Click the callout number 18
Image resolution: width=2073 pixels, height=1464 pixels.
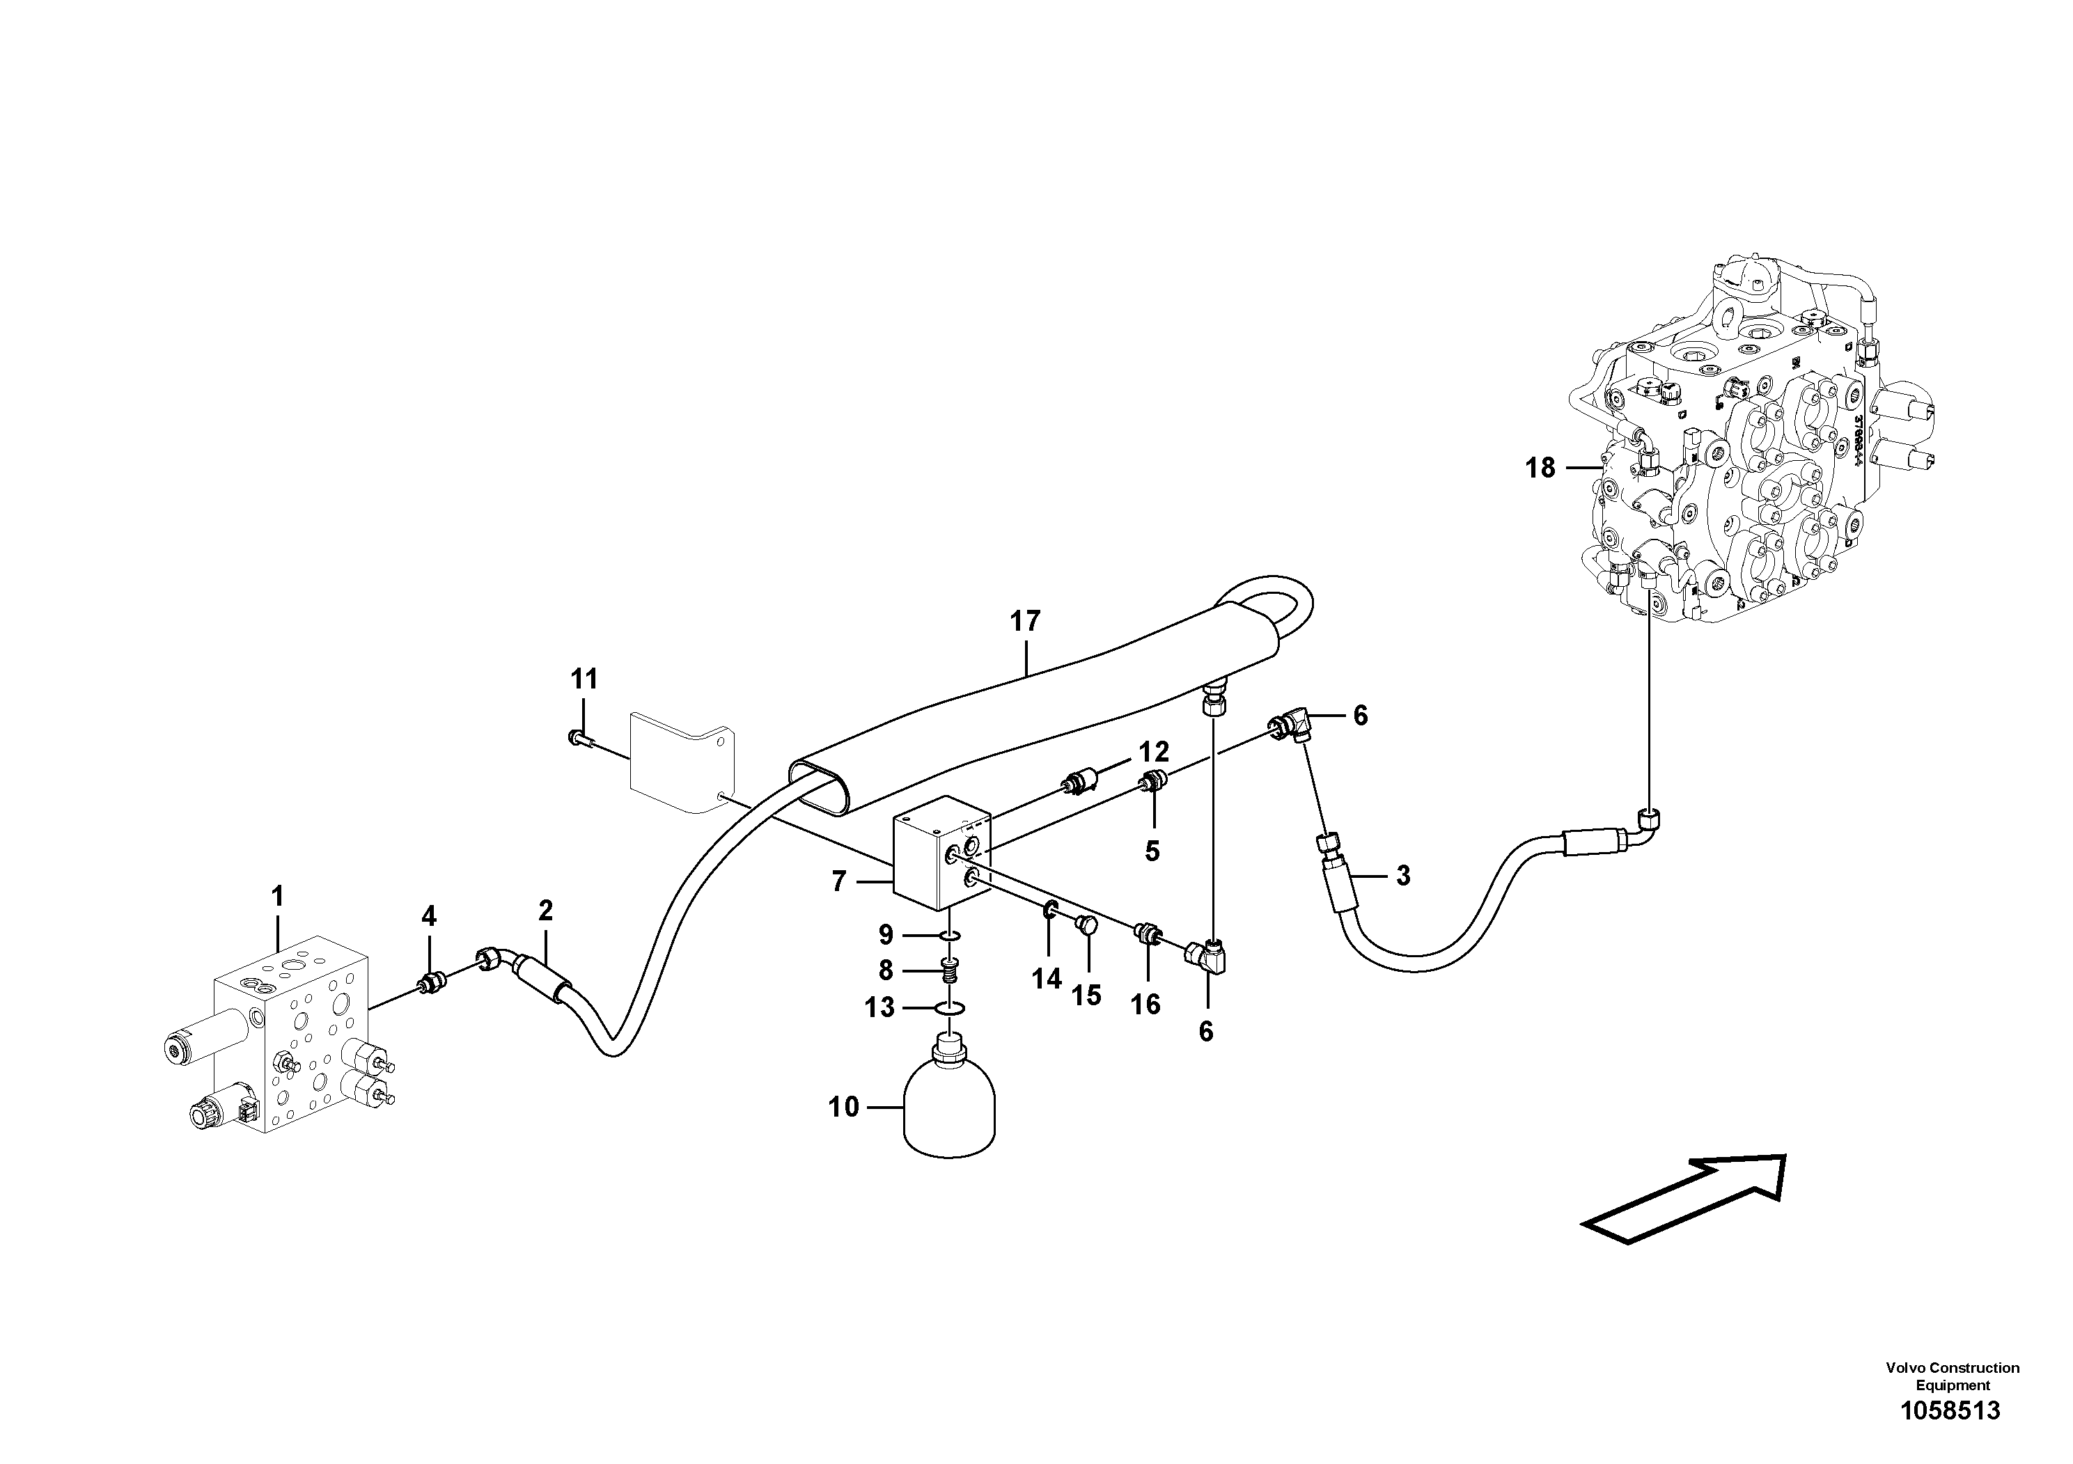[x=1540, y=468]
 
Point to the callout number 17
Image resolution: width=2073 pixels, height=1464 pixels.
[x=1025, y=621]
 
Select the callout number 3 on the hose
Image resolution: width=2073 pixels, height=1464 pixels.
[x=1402, y=876]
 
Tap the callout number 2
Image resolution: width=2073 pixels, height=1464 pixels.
[x=545, y=911]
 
